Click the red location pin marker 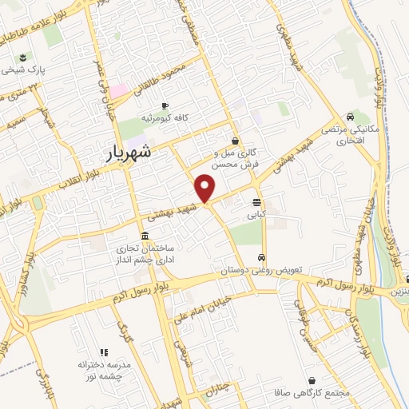coord(206,188)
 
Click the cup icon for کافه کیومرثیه coord(165,105)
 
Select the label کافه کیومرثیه coord(165,117)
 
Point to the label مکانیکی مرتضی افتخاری coord(351,134)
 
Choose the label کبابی coord(256,214)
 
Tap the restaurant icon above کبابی coord(256,202)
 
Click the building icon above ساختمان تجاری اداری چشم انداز coord(144,236)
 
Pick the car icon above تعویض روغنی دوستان coord(262,257)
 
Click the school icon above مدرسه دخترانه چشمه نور coord(103,351)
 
